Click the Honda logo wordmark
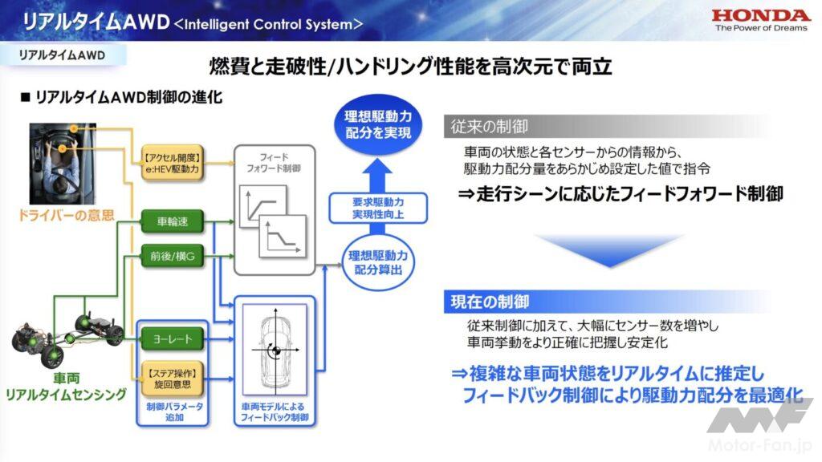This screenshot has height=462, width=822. point(760,15)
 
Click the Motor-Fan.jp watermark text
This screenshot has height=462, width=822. point(763,445)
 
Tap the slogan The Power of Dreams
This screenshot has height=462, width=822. point(760,28)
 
